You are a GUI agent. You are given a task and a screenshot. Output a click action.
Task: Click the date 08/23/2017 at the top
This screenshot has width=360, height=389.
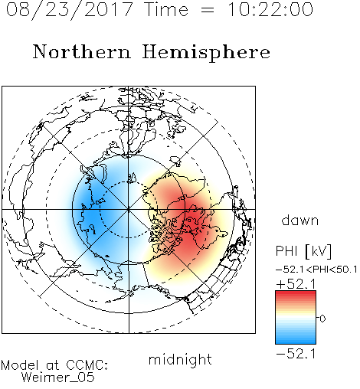tap(69, 10)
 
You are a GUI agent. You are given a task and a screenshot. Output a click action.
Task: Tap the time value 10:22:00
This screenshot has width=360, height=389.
tap(270, 10)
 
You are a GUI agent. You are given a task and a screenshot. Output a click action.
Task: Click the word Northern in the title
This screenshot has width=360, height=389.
tap(82, 52)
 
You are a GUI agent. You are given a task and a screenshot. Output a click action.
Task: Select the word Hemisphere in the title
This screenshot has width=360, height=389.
tap(206, 53)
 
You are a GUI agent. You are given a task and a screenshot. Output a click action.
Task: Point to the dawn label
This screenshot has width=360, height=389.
tap(300, 220)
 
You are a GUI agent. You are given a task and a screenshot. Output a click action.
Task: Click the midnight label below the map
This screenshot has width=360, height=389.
tap(180, 360)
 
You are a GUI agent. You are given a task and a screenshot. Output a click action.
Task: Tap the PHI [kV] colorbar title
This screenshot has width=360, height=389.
tap(303, 251)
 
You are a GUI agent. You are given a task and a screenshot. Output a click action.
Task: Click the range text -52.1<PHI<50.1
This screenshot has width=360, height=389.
tap(316, 270)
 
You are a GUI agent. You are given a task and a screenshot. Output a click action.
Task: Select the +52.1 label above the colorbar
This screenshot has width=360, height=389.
tap(296, 284)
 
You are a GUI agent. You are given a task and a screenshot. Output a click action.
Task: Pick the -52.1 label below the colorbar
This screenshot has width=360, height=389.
tap(296, 354)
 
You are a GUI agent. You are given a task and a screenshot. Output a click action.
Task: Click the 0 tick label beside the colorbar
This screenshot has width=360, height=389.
tap(322, 319)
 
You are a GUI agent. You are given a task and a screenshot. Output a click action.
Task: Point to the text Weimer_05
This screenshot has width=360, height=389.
tap(58, 378)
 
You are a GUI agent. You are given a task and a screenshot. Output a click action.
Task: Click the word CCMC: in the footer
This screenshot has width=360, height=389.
tap(87, 365)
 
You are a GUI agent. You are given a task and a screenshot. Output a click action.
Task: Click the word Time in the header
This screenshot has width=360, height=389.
tap(166, 10)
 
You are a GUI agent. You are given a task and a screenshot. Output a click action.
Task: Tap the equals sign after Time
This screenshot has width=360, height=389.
tap(208, 10)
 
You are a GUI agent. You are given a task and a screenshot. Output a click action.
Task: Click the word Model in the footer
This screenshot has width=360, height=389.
tap(20, 365)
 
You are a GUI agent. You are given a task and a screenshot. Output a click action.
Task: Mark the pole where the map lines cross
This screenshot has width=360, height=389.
tap(129, 210)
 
